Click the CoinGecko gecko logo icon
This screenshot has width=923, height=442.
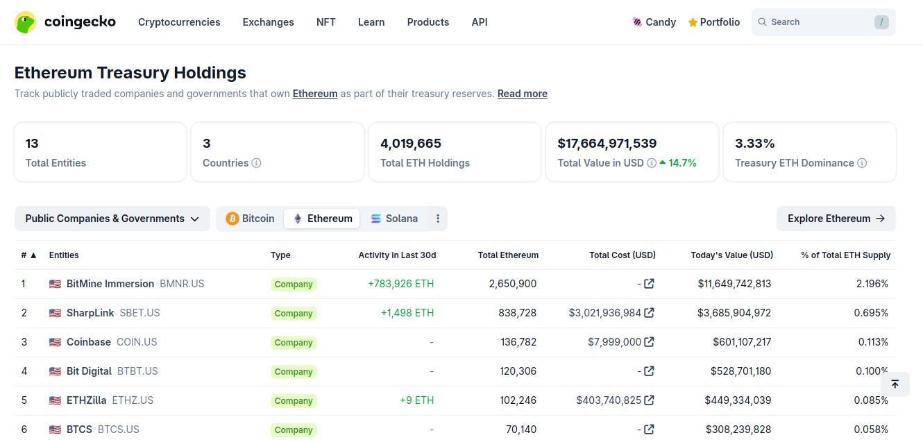(x=25, y=22)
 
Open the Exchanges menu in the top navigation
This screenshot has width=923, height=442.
(x=269, y=22)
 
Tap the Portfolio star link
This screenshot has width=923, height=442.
(x=714, y=22)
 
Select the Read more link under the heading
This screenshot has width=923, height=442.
(x=522, y=94)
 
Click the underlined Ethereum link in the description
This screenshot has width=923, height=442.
(x=315, y=94)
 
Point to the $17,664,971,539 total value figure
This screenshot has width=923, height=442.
(x=607, y=144)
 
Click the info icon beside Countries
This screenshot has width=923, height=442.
(x=256, y=163)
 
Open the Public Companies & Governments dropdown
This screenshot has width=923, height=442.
(x=112, y=219)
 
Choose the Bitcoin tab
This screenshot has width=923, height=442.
(x=250, y=219)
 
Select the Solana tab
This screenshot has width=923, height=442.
(x=394, y=219)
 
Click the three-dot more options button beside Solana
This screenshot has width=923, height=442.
(x=438, y=219)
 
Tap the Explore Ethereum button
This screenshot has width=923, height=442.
(x=836, y=219)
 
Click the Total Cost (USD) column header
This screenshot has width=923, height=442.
(x=623, y=255)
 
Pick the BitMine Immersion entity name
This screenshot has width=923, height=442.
(x=110, y=284)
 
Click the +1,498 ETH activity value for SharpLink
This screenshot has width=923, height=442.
(x=407, y=313)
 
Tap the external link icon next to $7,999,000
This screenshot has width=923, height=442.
(x=649, y=342)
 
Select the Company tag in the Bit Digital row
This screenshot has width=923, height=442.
(x=294, y=371)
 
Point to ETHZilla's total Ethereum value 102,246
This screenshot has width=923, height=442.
(x=518, y=400)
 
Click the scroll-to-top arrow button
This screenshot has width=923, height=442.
(x=895, y=384)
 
